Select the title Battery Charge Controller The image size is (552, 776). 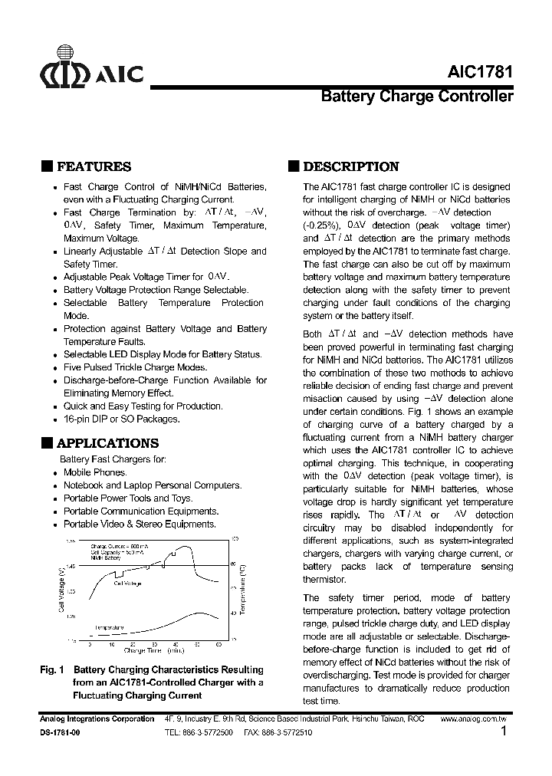coord(416,97)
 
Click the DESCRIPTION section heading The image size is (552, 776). coord(350,167)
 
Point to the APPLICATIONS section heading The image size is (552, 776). coord(107,443)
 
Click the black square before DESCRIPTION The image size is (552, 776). coord(293,166)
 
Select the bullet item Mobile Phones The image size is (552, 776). coord(94,472)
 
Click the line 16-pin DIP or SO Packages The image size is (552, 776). coord(121,419)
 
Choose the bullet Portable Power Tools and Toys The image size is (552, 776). coord(127,498)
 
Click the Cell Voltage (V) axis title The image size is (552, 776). coord(61,590)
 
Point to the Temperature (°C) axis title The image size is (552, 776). coord(242,590)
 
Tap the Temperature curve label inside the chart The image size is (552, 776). coord(109,626)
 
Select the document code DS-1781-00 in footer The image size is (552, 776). coord(59,733)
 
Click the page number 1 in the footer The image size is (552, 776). coord(503,732)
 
